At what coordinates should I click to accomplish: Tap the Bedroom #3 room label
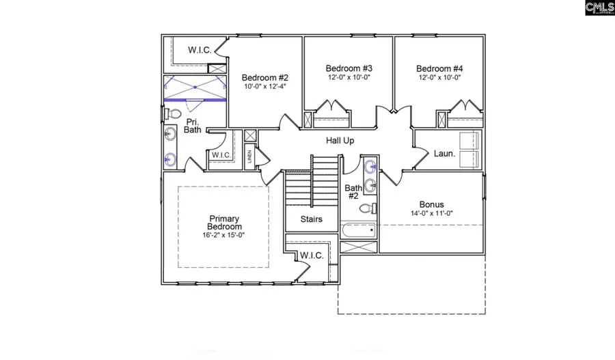348,68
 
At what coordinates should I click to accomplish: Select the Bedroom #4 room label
439,68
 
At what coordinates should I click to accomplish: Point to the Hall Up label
340,140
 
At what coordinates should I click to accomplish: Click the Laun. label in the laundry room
444,154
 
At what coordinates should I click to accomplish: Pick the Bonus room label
431,204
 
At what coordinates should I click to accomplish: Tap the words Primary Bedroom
224,223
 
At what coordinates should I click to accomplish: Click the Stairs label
312,219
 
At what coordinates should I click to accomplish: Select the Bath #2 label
353,191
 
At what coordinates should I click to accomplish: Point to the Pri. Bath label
193,126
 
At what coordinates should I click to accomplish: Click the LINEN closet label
249,156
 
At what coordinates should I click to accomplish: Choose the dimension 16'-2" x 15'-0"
224,236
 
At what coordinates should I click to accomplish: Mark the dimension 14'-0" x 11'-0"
431,214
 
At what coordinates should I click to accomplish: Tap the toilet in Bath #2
367,208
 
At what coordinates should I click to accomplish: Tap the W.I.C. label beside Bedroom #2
200,49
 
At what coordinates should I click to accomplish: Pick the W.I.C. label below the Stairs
311,255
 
